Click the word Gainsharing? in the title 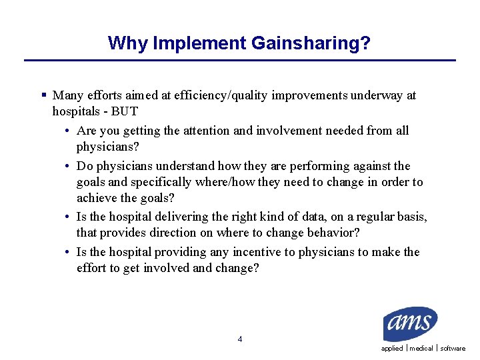click(311, 43)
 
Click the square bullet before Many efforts click(43, 95)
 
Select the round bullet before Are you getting click(69, 131)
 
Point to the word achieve click(95, 198)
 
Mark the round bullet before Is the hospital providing click(69, 253)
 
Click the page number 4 click(240, 339)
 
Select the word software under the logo click(453, 349)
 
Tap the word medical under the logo click(421, 349)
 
